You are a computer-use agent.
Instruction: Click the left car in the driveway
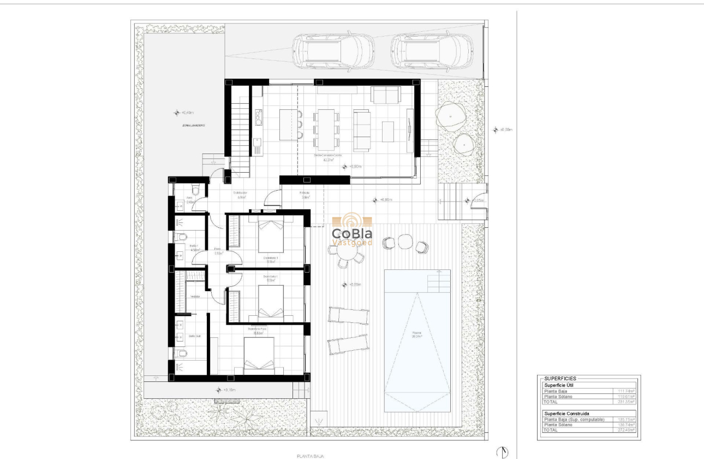332,52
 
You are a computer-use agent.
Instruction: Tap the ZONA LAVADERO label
193,125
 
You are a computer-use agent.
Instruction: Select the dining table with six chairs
326,130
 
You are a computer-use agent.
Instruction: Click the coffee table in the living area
387,131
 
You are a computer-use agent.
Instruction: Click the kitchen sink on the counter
257,144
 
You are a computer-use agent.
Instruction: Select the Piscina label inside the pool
417,334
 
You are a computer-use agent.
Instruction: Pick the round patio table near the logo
405,241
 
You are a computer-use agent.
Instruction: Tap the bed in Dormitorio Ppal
259,355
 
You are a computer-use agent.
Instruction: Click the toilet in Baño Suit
181,354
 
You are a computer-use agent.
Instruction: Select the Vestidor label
194,297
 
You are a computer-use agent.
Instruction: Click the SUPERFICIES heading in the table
560,378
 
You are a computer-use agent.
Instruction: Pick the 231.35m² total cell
625,402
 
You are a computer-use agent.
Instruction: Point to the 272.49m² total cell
625,429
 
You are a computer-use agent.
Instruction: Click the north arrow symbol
502,452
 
